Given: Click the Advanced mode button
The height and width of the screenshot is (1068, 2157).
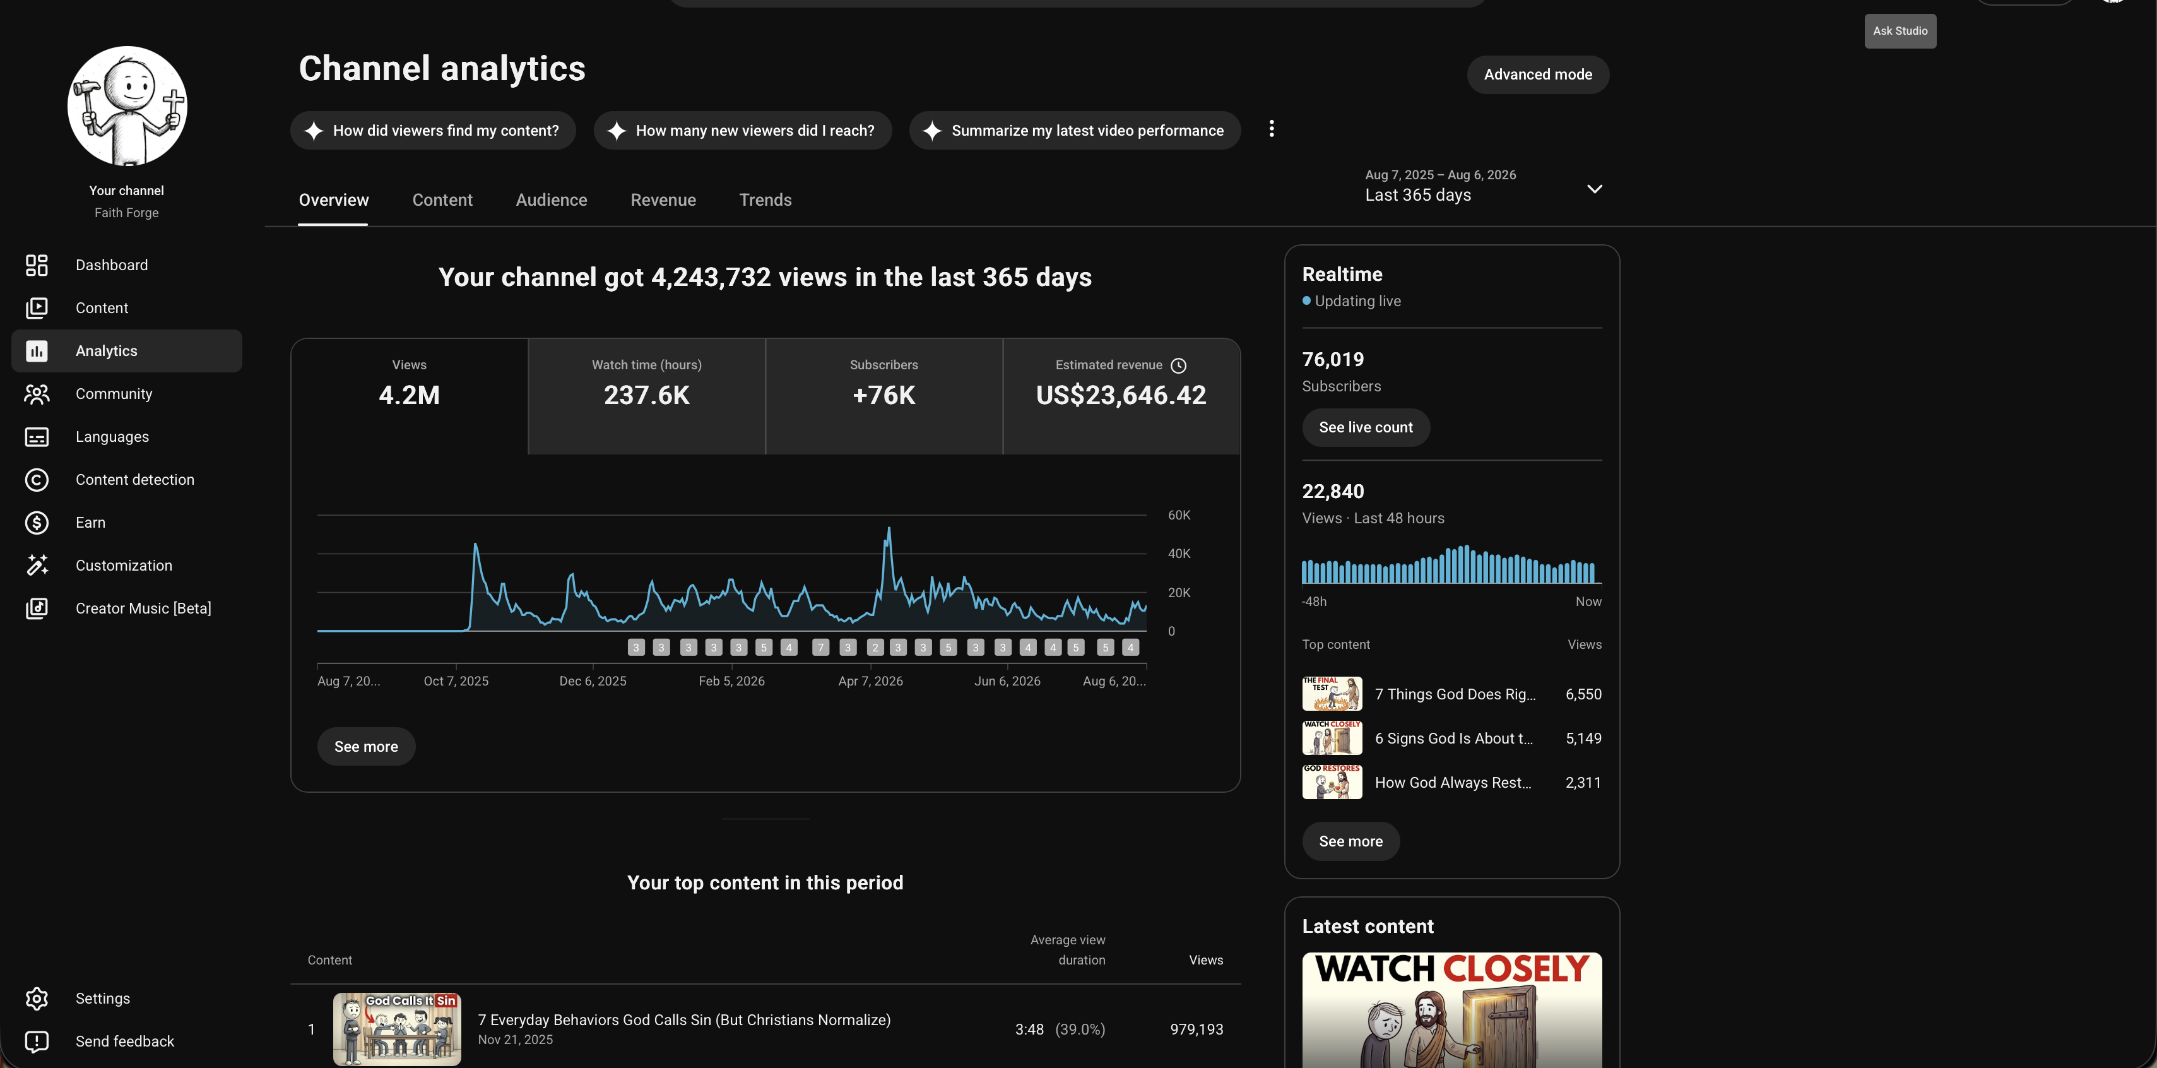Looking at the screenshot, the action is [1537, 74].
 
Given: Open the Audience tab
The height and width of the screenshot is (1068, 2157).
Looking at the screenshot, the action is [551, 200].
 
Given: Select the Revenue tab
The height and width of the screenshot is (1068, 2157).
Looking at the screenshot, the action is [663, 200].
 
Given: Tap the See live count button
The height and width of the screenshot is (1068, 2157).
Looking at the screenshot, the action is [1366, 427].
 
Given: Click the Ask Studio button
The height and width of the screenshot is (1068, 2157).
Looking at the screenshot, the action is [1900, 31].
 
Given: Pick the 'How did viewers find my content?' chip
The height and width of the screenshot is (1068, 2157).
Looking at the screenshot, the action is [433, 131].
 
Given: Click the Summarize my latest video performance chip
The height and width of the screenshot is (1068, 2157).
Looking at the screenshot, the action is [1074, 131].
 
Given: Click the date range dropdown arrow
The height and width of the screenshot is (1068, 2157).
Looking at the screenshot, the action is [1594, 189].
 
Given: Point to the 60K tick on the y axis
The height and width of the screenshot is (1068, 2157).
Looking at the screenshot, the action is [1179, 515].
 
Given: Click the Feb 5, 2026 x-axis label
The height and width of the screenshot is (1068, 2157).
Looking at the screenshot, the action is [731, 681].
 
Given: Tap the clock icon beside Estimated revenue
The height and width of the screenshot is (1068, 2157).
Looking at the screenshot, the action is [1178, 365].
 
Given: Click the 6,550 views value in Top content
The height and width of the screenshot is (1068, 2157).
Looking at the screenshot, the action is [1583, 694].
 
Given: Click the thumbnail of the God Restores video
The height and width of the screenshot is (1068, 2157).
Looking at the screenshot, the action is [1332, 782].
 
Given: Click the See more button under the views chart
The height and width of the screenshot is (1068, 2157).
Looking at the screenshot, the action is [366, 746].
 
